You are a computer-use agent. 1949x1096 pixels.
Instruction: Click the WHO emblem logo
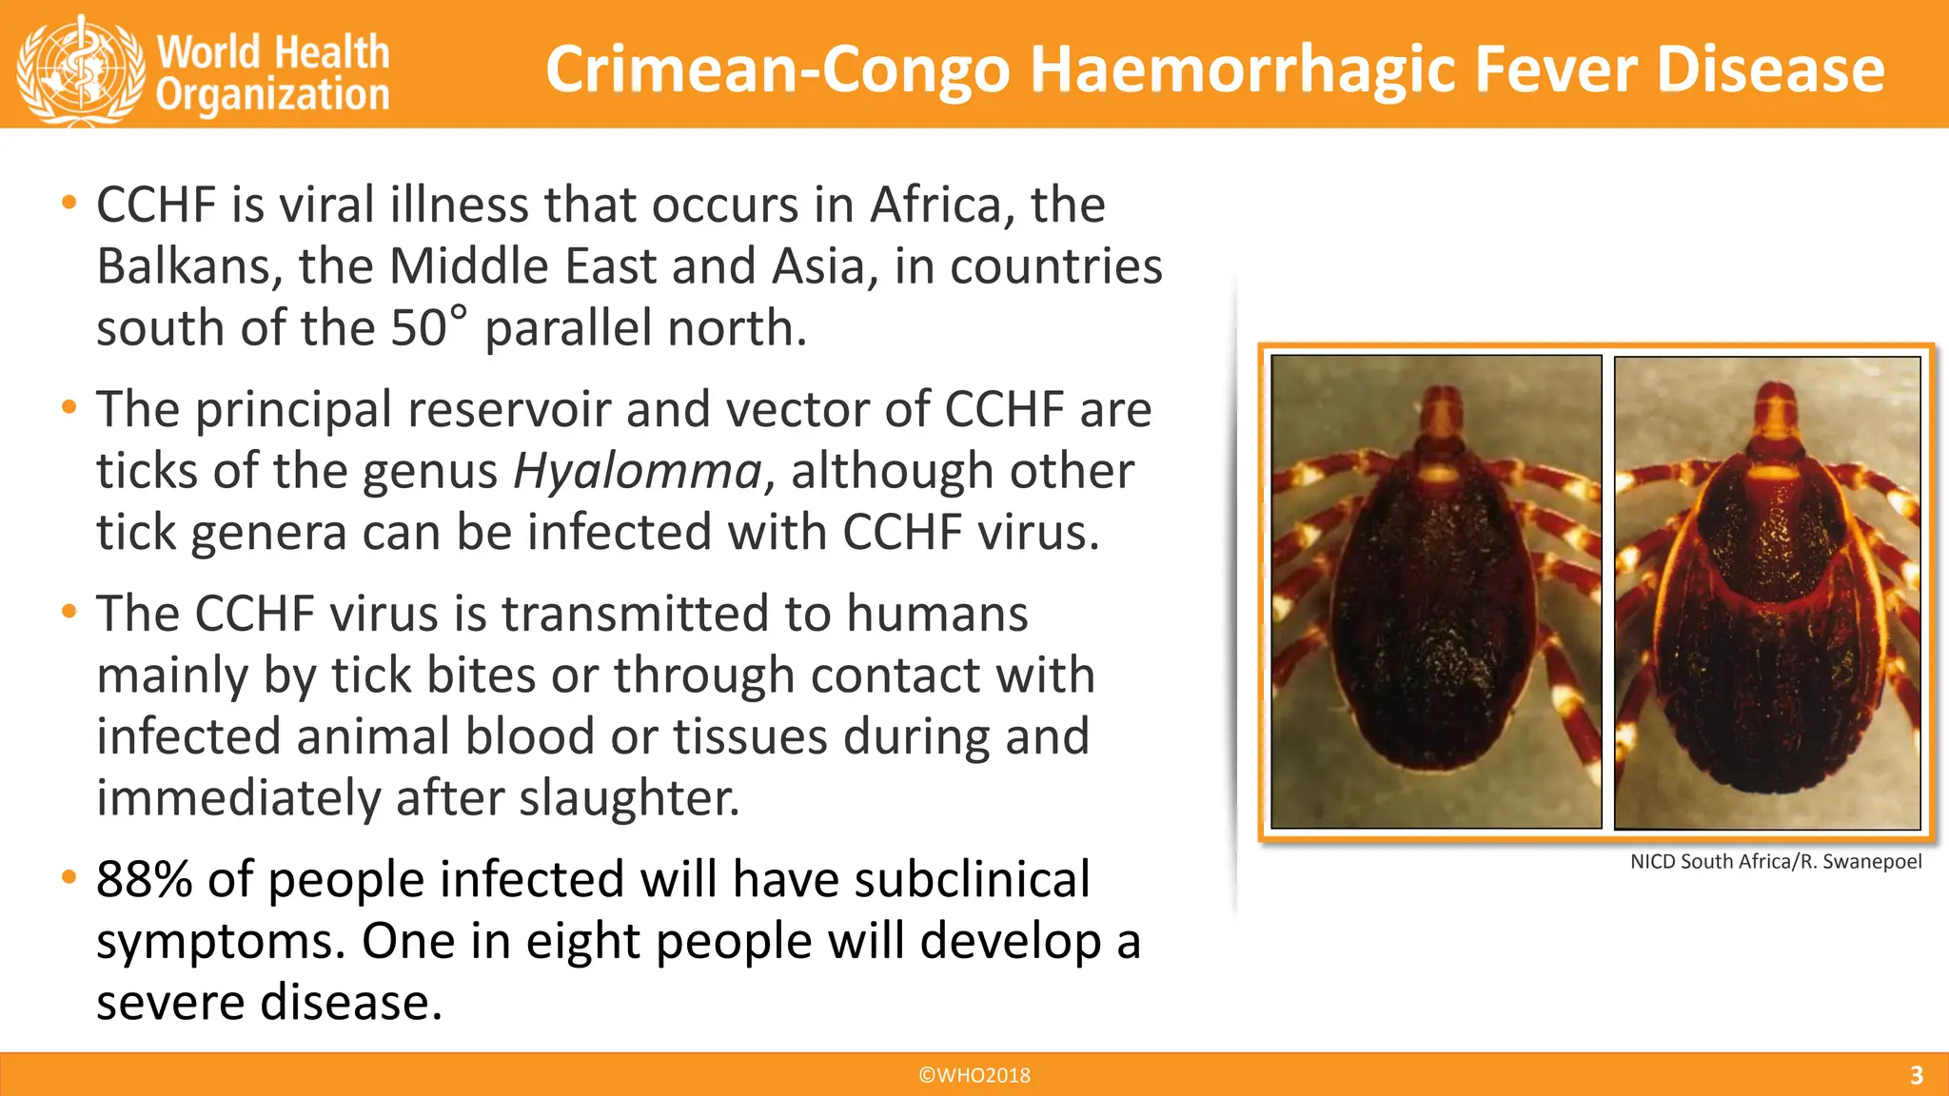[x=81, y=68]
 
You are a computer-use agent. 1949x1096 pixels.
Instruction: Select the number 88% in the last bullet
[x=145, y=879]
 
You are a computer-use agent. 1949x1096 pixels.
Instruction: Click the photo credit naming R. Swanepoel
[x=1775, y=862]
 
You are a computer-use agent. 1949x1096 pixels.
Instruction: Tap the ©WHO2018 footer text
[x=974, y=1075]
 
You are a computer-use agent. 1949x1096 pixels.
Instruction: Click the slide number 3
[x=1917, y=1075]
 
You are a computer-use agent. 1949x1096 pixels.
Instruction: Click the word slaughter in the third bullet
[x=629, y=797]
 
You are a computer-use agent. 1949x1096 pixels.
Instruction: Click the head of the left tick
[x=1443, y=419]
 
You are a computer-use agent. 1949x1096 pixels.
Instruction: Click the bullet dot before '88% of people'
[x=69, y=876]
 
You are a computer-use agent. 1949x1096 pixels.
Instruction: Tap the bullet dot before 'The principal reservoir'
[x=69, y=407]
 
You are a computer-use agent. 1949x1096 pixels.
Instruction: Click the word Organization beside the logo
[x=273, y=95]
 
